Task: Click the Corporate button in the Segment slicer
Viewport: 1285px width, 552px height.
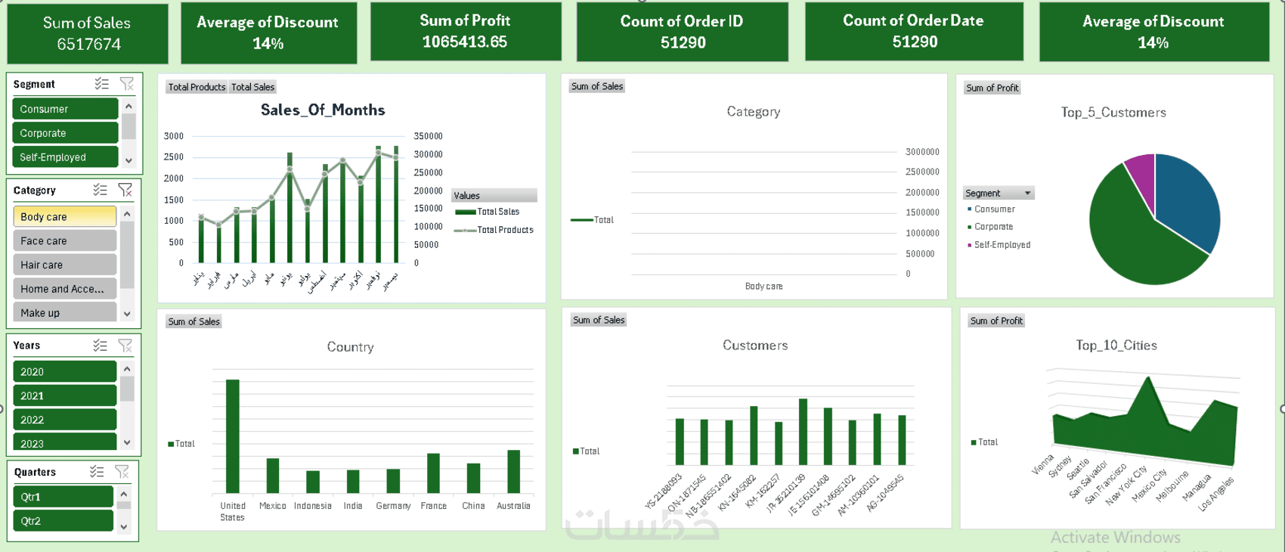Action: [x=65, y=133]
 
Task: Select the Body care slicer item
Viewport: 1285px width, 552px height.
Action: [x=65, y=217]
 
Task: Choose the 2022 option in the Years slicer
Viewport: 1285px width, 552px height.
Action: [x=65, y=420]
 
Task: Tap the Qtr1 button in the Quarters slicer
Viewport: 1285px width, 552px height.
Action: [x=63, y=497]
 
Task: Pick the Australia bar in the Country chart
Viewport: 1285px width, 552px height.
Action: [x=513, y=471]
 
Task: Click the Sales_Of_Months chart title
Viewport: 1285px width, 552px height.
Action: [x=323, y=110]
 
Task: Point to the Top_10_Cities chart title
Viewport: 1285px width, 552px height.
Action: [x=1116, y=346]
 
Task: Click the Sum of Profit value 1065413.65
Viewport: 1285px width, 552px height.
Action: [x=465, y=42]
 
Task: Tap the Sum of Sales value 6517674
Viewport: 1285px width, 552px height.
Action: [x=88, y=45]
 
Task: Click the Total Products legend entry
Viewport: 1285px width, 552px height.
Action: [x=504, y=230]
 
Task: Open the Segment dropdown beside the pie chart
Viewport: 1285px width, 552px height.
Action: [x=1027, y=194]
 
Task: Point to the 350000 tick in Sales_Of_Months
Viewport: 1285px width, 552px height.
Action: [x=428, y=136]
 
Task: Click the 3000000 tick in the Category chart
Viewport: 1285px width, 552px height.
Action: [x=922, y=152]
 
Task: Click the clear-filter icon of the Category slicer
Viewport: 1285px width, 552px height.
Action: [x=125, y=190]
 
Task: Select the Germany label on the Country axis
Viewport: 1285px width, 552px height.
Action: [x=393, y=506]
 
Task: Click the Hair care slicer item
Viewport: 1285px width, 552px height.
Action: [x=65, y=265]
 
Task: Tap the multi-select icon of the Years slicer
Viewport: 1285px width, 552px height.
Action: [x=100, y=346]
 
